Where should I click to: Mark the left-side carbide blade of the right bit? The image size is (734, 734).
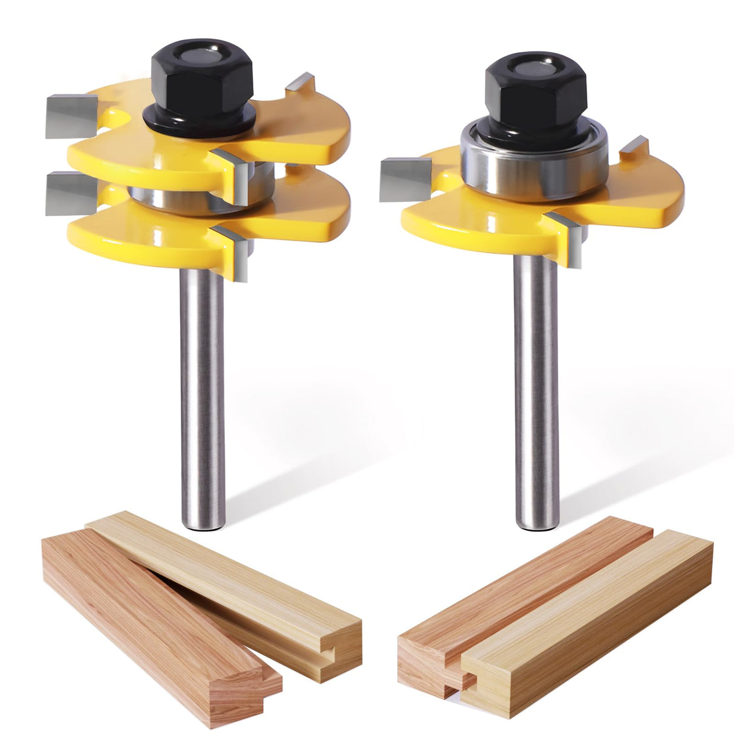(404, 178)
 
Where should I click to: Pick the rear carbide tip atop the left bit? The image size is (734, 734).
(300, 82)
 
